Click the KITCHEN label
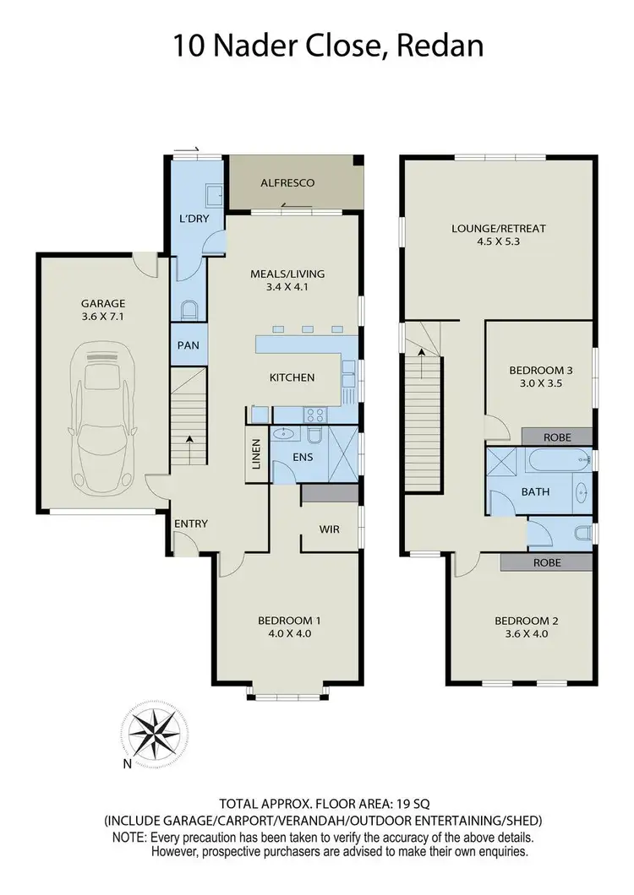pyautogui.click(x=292, y=377)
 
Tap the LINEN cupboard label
pyautogui.click(x=256, y=453)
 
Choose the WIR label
pyautogui.click(x=330, y=529)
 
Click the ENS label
pyautogui.click(x=303, y=457)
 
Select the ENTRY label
pyautogui.click(x=191, y=523)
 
